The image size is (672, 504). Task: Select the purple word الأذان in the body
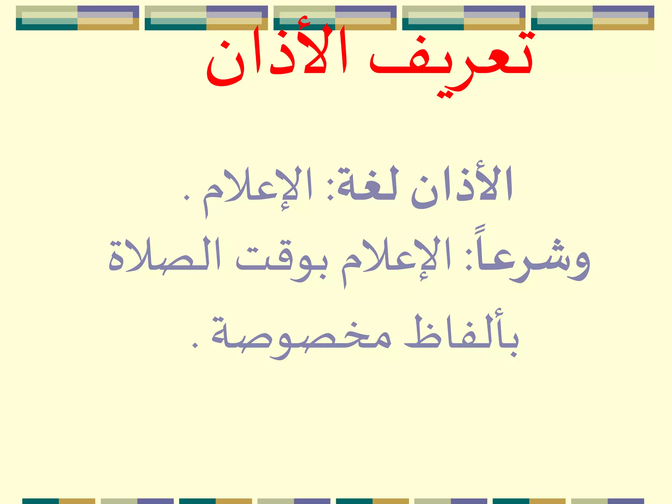(x=462, y=187)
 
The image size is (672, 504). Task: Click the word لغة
(x=367, y=187)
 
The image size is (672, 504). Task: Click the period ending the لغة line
(x=186, y=198)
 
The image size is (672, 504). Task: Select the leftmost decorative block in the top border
(x=77, y=18)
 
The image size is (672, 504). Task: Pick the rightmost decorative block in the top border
(x=592, y=18)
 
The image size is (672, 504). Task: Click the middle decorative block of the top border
(x=335, y=18)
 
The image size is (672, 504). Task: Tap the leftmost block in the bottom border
(x=59, y=501)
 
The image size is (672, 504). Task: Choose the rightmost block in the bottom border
(x=607, y=501)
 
